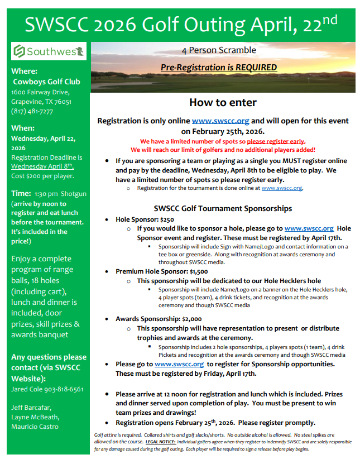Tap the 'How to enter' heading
(223, 102)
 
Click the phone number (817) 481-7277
(32, 111)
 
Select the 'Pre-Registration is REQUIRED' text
(219, 68)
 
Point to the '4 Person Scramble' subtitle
(219, 50)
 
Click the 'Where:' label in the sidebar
(25, 71)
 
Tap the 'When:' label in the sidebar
(23, 128)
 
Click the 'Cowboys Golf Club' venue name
(47, 82)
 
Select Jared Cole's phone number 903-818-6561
(64, 389)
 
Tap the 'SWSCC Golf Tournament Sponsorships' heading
(223, 208)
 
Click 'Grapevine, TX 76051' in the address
(41, 102)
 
